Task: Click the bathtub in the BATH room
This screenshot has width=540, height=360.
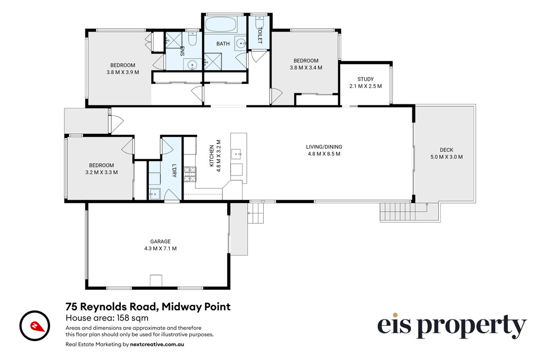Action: (x=221, y=25)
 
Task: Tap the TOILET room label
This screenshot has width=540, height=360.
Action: (x=259, y=35)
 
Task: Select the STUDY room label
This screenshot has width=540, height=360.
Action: (x=365, y=79)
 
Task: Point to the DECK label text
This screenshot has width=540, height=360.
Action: (x=446, y=150)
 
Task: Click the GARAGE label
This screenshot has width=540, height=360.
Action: (x=160, y=241)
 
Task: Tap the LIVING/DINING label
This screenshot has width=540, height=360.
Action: (x=324, y=147)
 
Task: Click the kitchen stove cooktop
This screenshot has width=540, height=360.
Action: (x=189, y=174)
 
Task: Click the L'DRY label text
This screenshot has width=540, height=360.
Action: (x=174, y=171)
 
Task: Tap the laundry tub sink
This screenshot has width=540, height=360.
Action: (x=155, y=194)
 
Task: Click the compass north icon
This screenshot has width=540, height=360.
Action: (x=35, y=326)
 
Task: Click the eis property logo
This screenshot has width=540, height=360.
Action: (x=452, y=326)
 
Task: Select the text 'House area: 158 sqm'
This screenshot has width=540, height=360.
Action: (x=107, y=318)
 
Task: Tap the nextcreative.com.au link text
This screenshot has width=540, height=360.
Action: (x=157, y=344)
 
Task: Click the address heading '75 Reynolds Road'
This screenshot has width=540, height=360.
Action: (x=112, y=306)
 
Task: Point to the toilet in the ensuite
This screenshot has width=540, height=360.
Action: (x=192, y=38)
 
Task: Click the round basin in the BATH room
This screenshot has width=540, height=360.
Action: (x=240, y=43)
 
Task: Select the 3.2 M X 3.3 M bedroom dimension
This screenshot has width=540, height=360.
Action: (x=101, y=172)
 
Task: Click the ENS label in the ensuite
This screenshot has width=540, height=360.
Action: (x=182, y=51)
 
